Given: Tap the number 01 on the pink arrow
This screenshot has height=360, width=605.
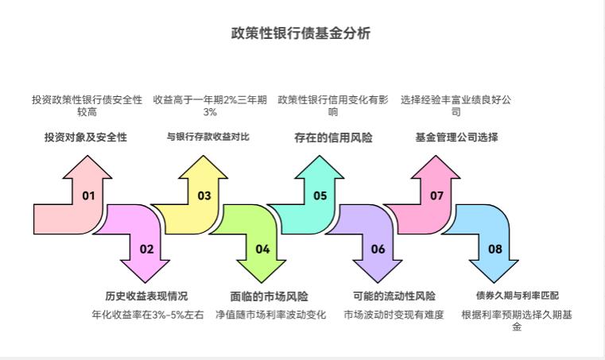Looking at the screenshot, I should (88, 195).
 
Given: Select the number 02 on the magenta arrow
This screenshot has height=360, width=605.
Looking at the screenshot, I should (146, 249).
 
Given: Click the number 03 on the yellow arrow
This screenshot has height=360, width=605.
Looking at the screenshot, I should (204, 195).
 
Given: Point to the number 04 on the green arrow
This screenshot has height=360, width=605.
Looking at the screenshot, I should (262, 249).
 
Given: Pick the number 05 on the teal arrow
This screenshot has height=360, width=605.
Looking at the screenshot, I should (320, 195).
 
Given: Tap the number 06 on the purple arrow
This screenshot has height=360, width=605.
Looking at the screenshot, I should (378, 249).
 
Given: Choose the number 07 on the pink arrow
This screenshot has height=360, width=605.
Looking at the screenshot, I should (436, 195).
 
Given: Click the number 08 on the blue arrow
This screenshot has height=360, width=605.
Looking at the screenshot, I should (495, 249).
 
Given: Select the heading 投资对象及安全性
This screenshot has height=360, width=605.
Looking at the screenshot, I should (86, 137).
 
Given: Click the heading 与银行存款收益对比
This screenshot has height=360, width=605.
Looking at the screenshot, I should (207, 137).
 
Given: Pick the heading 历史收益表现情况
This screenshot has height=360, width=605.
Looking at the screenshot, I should (146, 296).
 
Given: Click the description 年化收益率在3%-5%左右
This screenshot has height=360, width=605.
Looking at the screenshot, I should (147, 315).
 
